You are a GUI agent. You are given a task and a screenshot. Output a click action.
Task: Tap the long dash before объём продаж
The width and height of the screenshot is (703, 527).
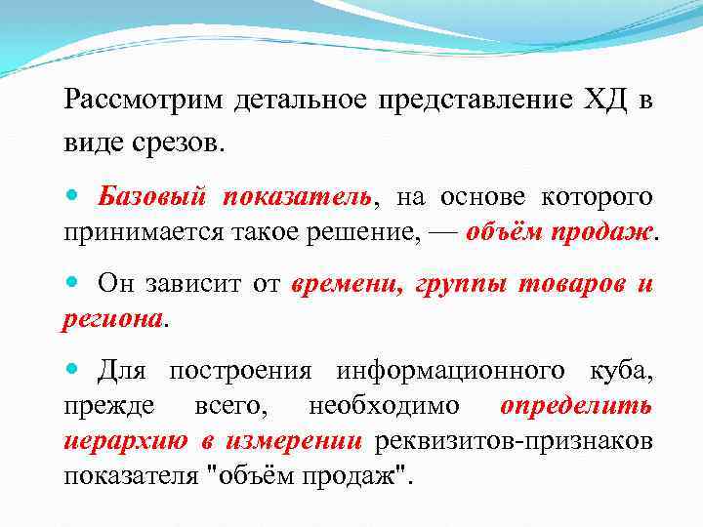tap(442, 231)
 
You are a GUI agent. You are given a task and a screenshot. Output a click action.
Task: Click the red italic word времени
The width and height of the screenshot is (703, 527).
tap(343, 285)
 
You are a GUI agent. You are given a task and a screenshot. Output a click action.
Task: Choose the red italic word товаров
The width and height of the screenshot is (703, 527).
tap(557, 285)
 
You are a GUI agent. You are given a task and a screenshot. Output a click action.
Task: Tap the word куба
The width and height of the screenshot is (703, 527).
tap(621, 371)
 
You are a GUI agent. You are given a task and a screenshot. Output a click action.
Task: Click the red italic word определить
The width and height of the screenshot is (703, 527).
tap(576, 406)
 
